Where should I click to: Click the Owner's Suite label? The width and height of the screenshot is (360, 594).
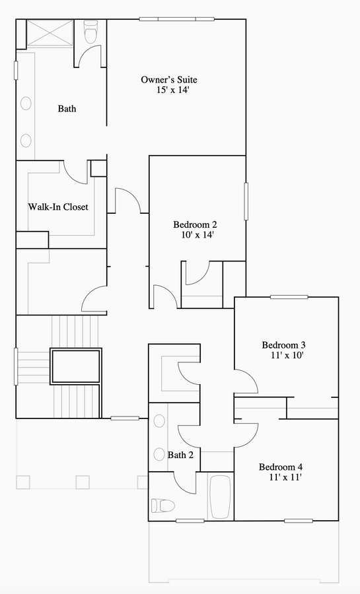169,80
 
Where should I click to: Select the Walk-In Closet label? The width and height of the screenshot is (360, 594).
58,207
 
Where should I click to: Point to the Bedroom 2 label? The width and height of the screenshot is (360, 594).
195,224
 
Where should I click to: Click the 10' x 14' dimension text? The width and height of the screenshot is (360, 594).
198,235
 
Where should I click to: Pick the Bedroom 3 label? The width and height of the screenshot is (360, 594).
284,345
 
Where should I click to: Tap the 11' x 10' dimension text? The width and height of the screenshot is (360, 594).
287,355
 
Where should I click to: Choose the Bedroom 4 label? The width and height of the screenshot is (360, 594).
281,467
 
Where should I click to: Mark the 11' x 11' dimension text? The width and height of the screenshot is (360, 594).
285,477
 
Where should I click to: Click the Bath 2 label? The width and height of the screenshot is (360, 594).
180,455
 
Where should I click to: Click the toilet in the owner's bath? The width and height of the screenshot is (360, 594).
90,32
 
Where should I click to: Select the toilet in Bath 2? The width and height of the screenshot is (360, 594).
163,506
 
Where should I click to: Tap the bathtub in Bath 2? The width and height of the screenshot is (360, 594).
220,497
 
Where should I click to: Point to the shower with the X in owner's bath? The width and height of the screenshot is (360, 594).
50,34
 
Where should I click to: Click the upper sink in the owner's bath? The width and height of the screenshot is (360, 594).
26,104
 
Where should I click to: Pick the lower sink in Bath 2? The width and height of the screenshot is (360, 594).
159,454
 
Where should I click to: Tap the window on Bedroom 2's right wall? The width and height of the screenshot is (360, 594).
246,201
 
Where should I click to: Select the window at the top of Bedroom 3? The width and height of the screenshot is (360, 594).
289,297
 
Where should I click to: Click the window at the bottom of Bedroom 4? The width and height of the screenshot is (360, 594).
299,521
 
